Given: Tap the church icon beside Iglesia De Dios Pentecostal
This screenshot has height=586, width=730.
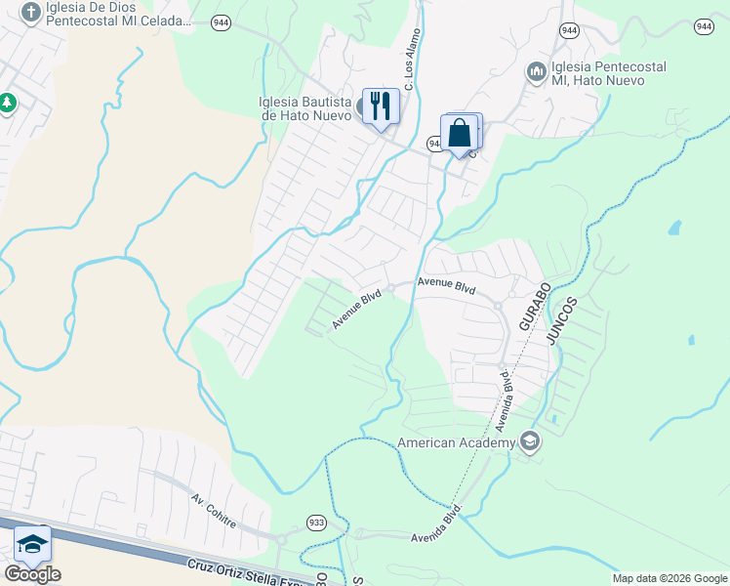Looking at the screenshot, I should (x=31, y=13).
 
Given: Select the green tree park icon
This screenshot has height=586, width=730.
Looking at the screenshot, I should (x=7, y=102).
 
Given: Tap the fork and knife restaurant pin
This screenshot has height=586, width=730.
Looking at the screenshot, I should (x=381, y=105).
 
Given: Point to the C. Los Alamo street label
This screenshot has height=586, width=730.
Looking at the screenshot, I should (x=411, y=67).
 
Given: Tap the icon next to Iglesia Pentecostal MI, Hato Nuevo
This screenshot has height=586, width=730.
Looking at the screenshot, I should (x=535, y=73).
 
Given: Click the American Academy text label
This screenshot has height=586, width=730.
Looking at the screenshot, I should (x=456, y=443).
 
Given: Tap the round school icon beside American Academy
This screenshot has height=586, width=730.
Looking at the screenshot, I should (x=530, y=442).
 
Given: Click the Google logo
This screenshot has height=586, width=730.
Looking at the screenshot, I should (x=32, y=574).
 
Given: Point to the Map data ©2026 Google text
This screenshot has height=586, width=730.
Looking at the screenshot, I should (x=669, y=578).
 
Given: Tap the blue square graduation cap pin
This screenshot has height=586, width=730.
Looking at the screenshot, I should (x=32, y=544).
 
